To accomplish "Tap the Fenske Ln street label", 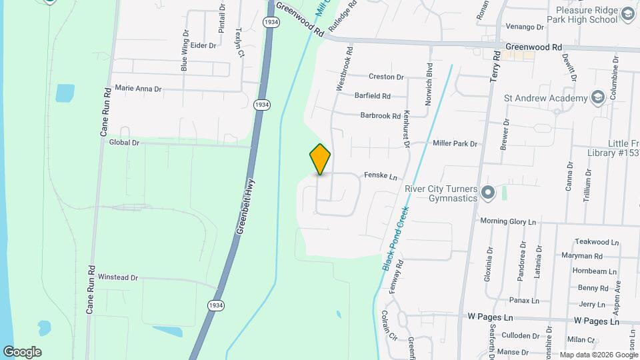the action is pyautogui.click(x=380, y=176).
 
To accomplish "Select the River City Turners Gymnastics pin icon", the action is pyautogui.click(x=487, y=193).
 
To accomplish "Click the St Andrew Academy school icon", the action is pyautogui.click(x=597, y=99).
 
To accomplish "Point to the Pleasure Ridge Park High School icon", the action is pyautogui.click(x=627, y=14).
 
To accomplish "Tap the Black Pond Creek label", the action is pyautogui.click(x=395, y=237).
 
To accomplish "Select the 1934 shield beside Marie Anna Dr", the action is pyautogui.click(x=262, y=105).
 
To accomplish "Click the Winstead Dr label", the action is pyautogui.click(x=117, y=277).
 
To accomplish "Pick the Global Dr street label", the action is pyautogui.click(x=123, y=142).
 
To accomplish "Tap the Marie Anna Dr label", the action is pyautogui.click(x=138, y=87).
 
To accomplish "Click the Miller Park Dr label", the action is pyautogui.click(x=455, y=143).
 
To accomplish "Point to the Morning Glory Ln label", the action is pyautogui.click(x=508, y=221).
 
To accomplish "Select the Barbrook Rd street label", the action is pyautogui.click(x=380, y=115).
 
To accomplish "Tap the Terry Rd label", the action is pyautogui.click(x=495, y=67).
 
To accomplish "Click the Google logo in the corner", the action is pyautogui.click(x=22, y=352).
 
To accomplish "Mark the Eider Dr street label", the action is pyautogui.click(x=203, y=45).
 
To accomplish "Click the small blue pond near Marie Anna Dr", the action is pyautogui.click(x=65, y=93).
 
